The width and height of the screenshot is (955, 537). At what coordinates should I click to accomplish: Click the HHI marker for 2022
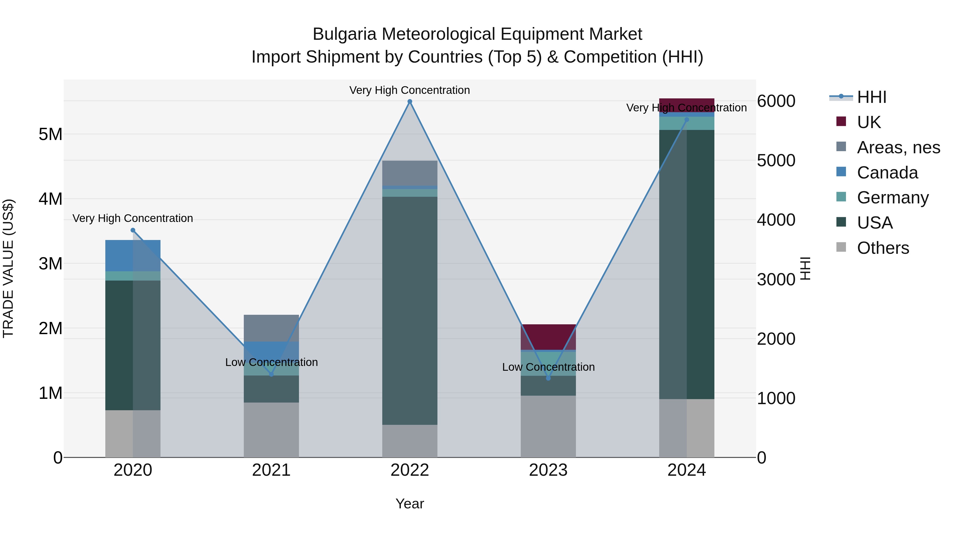[x=410, y=102]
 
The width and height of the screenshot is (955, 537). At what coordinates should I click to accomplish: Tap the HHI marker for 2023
[x=548, y=378]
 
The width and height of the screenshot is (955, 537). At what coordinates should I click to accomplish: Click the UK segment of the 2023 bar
[x=548, y=337]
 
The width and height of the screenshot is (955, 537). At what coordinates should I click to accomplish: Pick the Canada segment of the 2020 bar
[x=133, y=256]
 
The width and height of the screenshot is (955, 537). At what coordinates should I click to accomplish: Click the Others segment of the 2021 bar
[x=271, y=430]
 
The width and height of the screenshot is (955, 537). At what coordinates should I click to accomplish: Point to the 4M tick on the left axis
[x=51, y=199]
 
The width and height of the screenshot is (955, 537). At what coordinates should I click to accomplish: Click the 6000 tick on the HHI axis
[x=776, y=101]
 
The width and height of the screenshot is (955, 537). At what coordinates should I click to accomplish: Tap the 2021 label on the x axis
[x=271, y=470]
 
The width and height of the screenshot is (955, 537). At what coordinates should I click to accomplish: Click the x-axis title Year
[x=410, y=504]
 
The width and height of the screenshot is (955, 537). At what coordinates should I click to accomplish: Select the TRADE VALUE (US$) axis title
[x=8, y=268]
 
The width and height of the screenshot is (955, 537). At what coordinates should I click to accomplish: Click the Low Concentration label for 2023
[x=548, y=367]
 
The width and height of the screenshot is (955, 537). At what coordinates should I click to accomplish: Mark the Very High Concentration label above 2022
[x=410, y=90]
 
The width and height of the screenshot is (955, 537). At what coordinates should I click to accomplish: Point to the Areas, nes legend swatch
[x=841, y=147]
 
